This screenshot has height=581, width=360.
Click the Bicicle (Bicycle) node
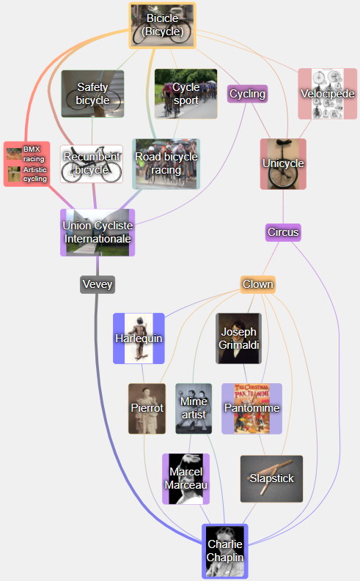(x=162, y=26)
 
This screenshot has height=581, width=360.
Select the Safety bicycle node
(x=92, y=94)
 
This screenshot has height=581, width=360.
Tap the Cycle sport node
(x=185, y=94)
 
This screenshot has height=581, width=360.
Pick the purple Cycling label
(x=247, y=94)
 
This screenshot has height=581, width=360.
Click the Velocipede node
(x=328, y=94)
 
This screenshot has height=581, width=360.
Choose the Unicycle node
(x=283, y=164)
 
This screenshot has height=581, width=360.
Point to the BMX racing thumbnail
(x=14, y=154)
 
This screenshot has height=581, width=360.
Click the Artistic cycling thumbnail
(x=14, y=174)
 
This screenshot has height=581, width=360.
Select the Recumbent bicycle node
(x=92, y=164)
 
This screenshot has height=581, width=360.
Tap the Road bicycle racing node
(x=166, y=164)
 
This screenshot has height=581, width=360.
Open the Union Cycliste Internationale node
(x=98, y=232)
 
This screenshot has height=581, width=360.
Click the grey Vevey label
(x=98, y=284)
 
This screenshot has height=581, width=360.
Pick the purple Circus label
(x=283, y=232)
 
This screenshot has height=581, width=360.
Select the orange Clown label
(x=257, y=284)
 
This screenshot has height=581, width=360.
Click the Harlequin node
(x=139, y=338)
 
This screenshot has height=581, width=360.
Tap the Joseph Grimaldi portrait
(x=239, y=338)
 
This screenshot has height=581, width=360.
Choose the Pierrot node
(x=147, y=408)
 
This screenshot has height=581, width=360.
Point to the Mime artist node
(x=194, y=408)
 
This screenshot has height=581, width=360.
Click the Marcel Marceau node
(x=185, y=478)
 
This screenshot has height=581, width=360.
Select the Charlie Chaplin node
(x=225, y=551)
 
